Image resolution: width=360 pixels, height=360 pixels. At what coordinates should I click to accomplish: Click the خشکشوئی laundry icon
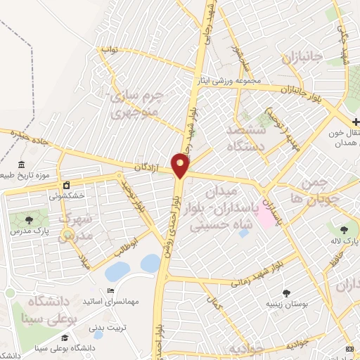67,184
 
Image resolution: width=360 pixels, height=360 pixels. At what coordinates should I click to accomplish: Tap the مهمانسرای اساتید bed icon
109,291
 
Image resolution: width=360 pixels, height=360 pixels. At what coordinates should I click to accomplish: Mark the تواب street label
110,50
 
